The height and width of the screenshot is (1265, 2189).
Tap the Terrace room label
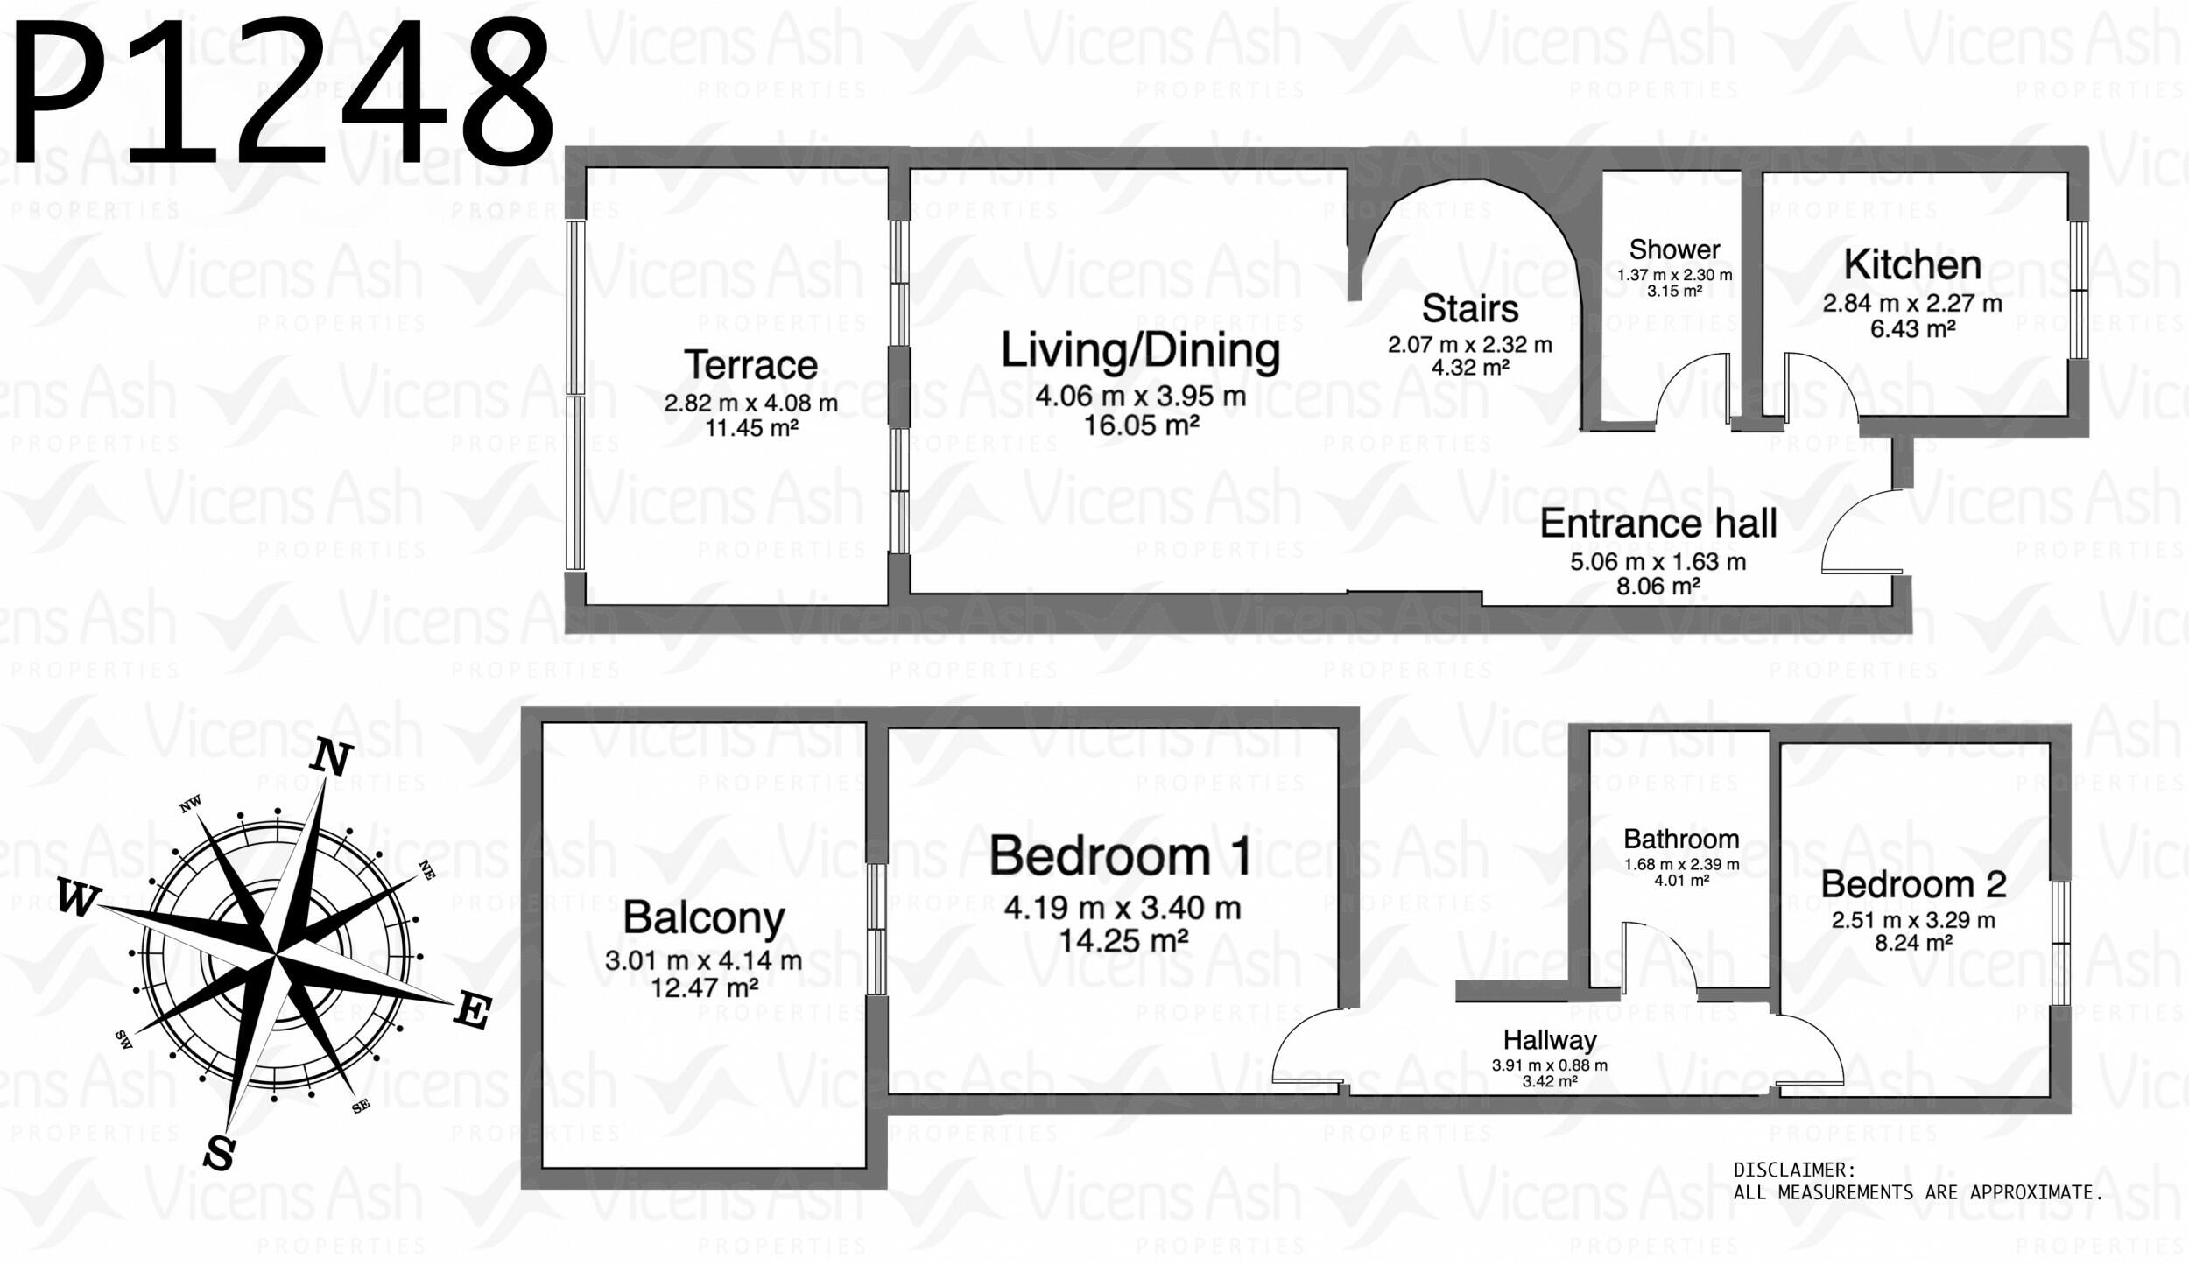click(750, 365)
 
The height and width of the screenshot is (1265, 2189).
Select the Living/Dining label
click(1140, 351)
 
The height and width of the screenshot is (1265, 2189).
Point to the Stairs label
click(1470, 308)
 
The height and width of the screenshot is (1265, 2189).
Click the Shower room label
click(1674, 249)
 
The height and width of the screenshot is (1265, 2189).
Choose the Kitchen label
click(1912, 264)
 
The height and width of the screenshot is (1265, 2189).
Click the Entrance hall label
click(1658, 524)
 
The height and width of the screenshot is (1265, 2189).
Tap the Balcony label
click(704, 917)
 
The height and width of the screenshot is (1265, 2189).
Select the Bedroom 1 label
click(1120, 855)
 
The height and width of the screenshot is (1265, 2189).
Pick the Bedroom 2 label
click(1913, 884)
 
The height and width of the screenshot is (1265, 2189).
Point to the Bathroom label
click(1681, 839)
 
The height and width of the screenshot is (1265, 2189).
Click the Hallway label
click(1550, 1040)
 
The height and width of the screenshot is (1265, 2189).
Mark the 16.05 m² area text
click(1141, 425)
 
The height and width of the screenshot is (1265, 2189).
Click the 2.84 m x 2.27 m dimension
click(1912, 304)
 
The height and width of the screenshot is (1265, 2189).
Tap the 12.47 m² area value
click(704, 988)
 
